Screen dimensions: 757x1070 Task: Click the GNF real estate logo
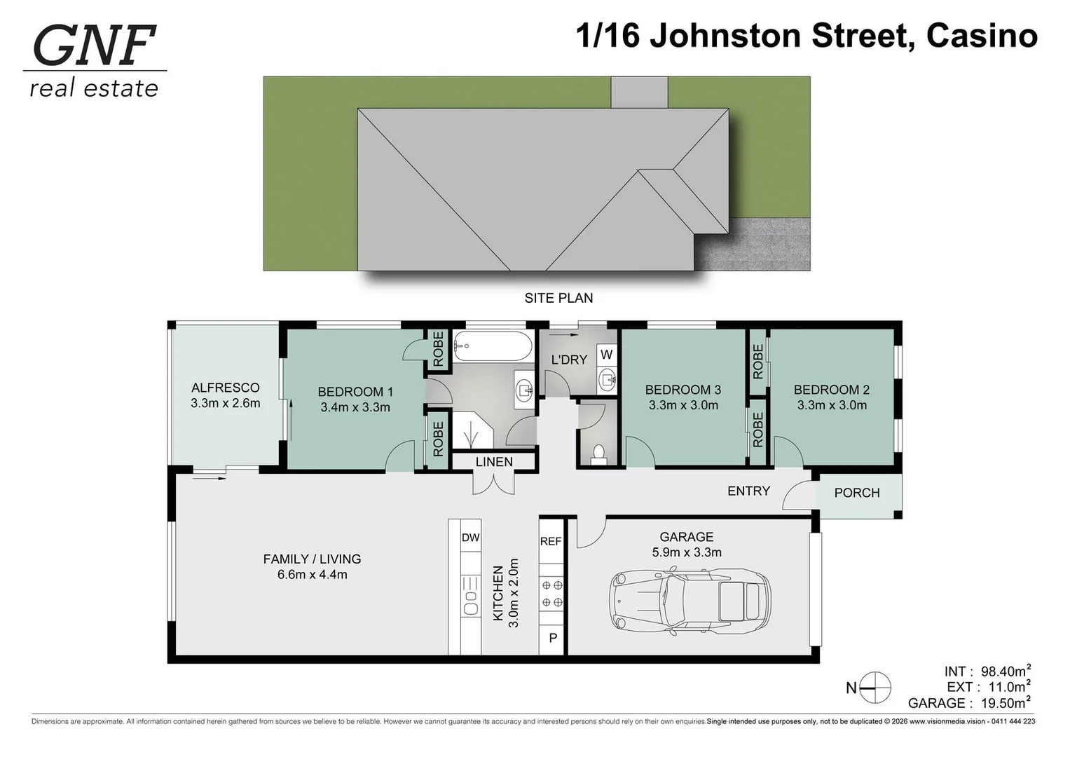click(x=95, y=61)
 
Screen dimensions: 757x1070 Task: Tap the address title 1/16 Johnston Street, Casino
click(x=806, y=36)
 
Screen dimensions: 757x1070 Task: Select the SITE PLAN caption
click(x=558, y=298)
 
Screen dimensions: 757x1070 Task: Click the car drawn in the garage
click(x=690, y=601)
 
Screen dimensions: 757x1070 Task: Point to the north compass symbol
click(x=874, y=688)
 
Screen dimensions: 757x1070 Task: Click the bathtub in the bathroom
click(x=493, y=346)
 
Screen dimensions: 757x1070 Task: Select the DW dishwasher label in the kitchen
click(x=470, y=538)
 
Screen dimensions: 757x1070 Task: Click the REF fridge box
click(x=551, y=541)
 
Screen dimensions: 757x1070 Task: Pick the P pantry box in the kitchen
click(x=552, y=639)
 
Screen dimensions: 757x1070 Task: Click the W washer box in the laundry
click(x=606, y=355)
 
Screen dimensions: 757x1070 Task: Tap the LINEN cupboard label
click(x=494, y=462)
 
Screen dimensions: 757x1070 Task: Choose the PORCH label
click(x=856, y=493)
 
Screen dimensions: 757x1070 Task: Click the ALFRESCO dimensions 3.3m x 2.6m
click(x=225, y=403)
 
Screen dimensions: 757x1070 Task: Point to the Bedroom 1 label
click(x=355, y=392)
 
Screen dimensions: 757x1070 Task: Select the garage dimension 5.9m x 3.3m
click(x=686, y=552)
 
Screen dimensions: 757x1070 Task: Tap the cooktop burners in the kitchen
click(x=551, y=594)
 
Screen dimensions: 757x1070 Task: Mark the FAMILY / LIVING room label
click(x=312, y=559)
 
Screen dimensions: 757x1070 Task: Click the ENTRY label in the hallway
click(x=748, y=491)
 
